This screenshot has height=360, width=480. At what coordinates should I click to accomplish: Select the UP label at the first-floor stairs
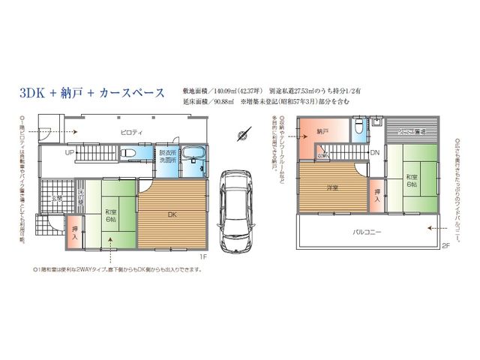[x=70, y=152]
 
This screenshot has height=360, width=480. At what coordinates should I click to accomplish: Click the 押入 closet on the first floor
[x=75, y=232]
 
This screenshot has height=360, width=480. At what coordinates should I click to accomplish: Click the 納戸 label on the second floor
[x=323, y=131]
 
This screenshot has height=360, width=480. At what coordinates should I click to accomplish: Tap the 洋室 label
[x=330, y=187]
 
